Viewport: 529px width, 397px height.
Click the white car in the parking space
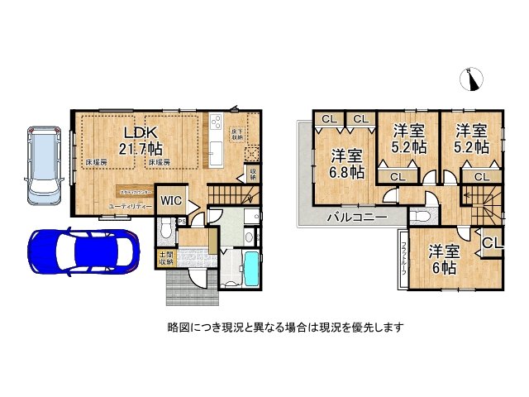tap(42, 165)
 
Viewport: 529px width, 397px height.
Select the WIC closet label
tap(173, 199)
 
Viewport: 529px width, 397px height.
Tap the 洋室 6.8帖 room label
tap(347, 163)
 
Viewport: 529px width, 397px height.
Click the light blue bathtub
tap(252, 268)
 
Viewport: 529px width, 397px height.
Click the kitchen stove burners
tap(217, 123)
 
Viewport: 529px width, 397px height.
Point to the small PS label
tap(181, 222)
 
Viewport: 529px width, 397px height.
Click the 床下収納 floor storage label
tap(236, 132)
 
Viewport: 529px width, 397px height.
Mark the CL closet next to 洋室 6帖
tap(489, 243)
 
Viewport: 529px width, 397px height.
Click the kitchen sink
tap(219, 153)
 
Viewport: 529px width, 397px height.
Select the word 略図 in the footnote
tap(176, 328)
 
